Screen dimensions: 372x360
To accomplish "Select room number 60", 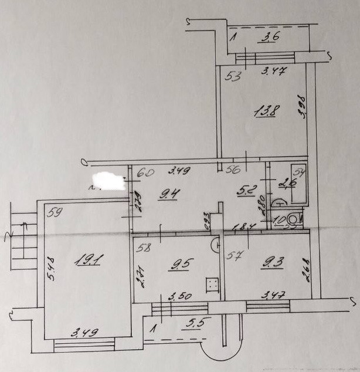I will [x=145, y=173].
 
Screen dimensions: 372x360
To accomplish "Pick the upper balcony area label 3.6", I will [x=269, y=39].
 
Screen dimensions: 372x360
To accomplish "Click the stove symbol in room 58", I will [x=212, y=284].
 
